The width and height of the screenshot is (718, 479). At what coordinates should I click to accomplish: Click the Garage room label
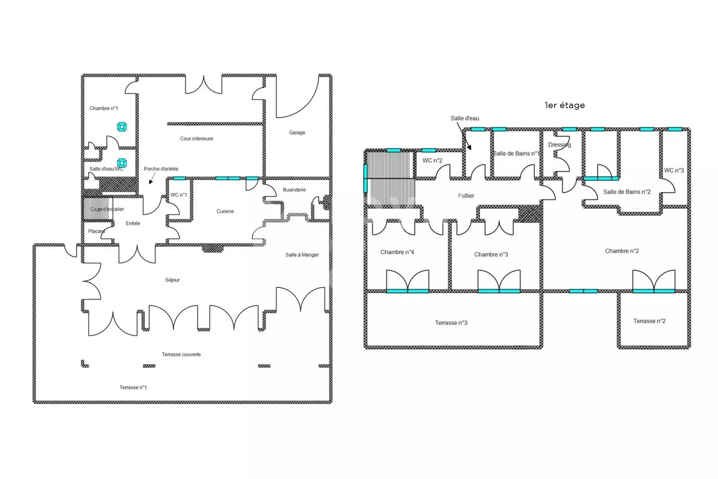point(297,132)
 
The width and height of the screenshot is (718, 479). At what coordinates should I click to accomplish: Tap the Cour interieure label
point(197,138)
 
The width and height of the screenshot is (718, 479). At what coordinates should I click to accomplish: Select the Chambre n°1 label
point(104,108)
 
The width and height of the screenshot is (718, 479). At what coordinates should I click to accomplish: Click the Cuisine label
point(225,211)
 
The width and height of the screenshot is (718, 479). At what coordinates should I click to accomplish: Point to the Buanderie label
point(294,190)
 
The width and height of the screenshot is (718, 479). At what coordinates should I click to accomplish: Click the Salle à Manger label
point(302,255)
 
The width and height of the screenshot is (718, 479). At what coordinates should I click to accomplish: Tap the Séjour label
point(172,280)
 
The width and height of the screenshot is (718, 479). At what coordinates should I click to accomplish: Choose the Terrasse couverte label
point(181,354)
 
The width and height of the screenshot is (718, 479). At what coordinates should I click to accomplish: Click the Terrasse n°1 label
point(133,387)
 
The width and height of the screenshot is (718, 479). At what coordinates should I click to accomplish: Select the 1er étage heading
point(565,105)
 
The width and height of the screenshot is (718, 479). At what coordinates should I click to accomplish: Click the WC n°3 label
point(674,170)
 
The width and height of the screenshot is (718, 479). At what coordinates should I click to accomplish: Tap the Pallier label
point(466,196)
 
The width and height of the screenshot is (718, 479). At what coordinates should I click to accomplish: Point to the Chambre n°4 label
point(397,252)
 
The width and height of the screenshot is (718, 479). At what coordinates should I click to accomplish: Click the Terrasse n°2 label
point(650,321)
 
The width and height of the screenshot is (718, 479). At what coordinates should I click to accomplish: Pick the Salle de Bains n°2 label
point(627,192)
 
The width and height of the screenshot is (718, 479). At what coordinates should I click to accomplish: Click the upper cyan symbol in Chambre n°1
point(122,127)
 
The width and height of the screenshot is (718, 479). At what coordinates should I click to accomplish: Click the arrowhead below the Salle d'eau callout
point(469,147)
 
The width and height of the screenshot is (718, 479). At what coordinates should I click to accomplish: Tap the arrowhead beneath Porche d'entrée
point(151,182)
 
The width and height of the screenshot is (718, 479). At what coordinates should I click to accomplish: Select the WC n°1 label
point(179,195)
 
